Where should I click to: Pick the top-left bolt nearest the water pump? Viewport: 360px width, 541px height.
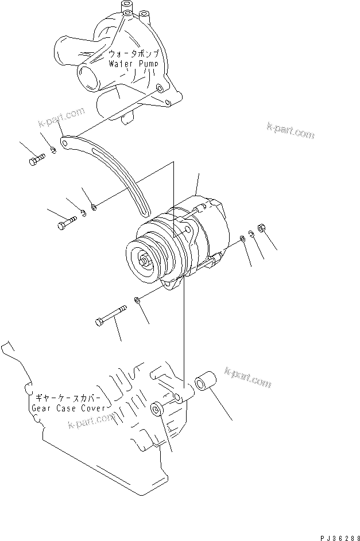point(37,159)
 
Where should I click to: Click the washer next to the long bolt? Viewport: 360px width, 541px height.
point(137,301)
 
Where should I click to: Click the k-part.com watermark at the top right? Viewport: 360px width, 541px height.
point(290,131)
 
